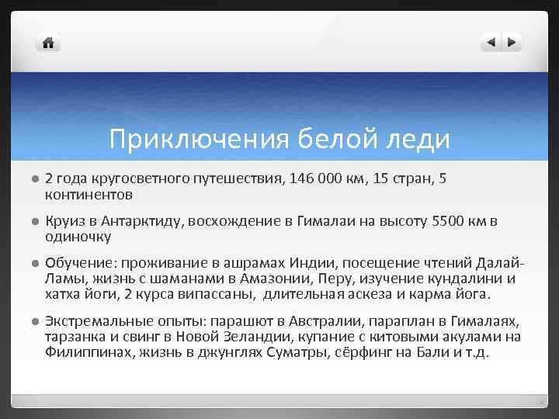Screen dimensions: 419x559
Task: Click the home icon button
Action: [x=48, y=43]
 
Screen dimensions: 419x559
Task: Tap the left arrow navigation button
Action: [x=491, y=43]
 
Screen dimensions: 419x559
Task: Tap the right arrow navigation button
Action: [x=512, y=43]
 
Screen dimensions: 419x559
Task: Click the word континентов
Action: [x=89, y=192]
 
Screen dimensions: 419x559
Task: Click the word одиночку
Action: [x=78, y=236]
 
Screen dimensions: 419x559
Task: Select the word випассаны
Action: [x=220, y=294]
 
